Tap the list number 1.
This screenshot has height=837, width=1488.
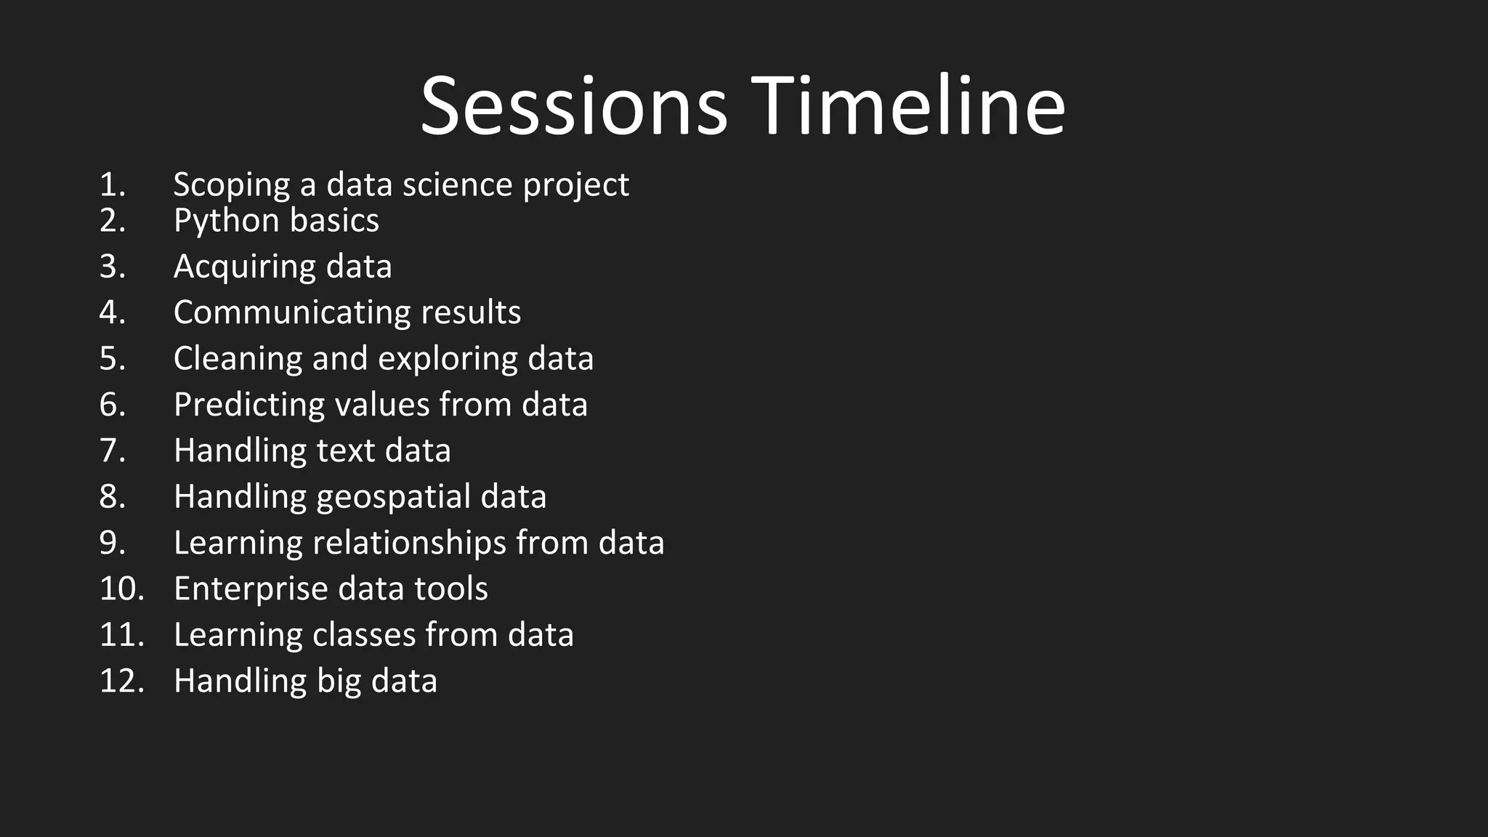[112, 185]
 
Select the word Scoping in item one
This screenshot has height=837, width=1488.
[232, 185]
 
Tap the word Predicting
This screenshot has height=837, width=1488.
[248, 405]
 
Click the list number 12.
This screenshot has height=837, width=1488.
[121, 681]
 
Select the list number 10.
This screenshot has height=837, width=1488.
[121, 589]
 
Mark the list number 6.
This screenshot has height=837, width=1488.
[112, 405]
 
